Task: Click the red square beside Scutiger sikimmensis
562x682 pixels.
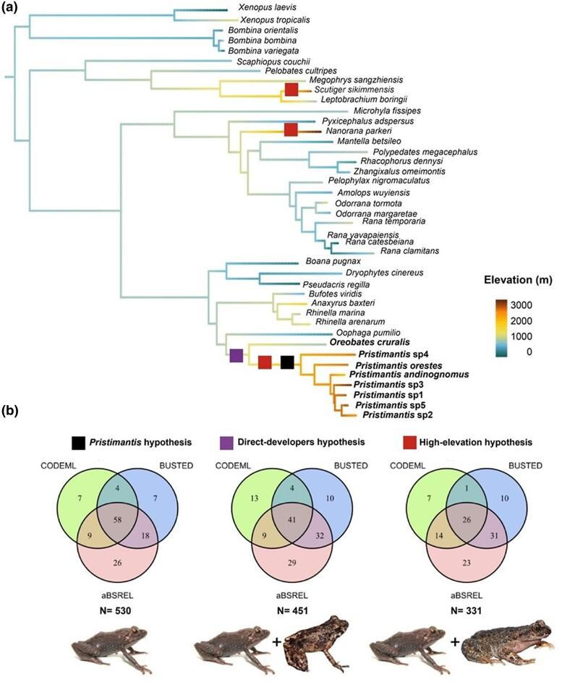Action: [x=291, y=90]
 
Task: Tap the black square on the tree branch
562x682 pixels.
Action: [x=287, y=362]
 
